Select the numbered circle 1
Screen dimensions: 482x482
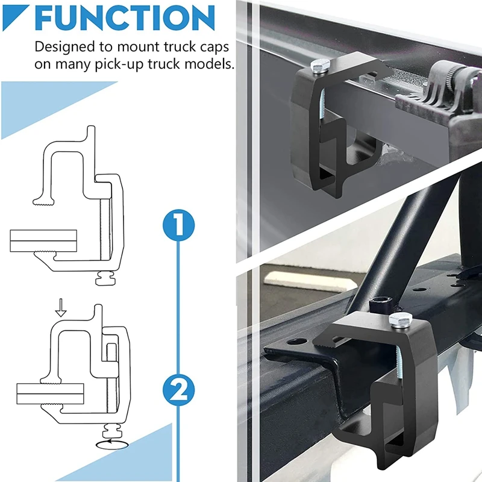(x=179, y=225)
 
